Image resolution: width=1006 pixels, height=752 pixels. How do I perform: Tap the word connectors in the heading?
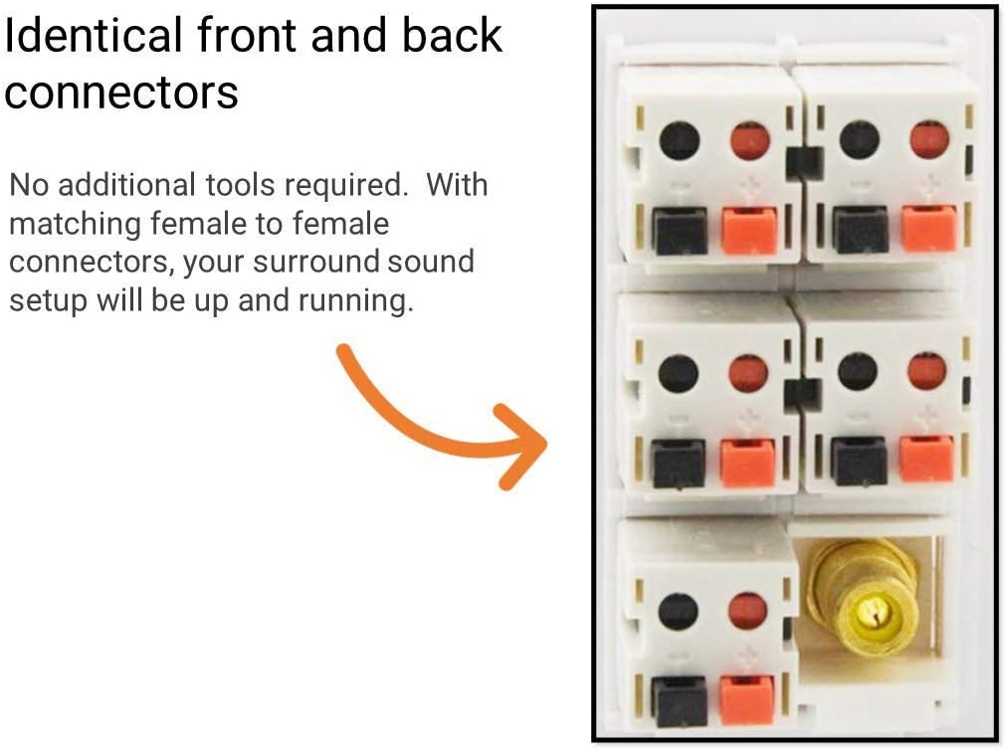[121, 93]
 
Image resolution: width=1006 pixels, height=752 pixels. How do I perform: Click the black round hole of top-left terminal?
[680, 141]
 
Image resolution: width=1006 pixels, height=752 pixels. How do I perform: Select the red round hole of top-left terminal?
[749, 141]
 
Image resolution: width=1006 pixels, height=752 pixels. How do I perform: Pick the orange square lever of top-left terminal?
[748, 231]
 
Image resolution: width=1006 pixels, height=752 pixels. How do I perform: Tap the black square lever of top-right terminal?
[861, 230]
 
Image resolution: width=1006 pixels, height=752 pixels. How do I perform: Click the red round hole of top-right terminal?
[928, 140]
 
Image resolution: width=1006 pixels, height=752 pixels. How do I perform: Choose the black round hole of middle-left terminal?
[680, 374]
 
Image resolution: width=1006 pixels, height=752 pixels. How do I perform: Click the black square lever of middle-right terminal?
[859, 461]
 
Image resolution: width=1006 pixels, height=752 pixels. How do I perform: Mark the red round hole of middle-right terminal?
[927, 372]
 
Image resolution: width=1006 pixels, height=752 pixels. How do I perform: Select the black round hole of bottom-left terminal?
[679, 611]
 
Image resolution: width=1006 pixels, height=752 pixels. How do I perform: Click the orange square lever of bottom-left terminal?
[747, 700]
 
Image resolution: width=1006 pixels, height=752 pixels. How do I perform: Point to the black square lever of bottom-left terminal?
[681, 700]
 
